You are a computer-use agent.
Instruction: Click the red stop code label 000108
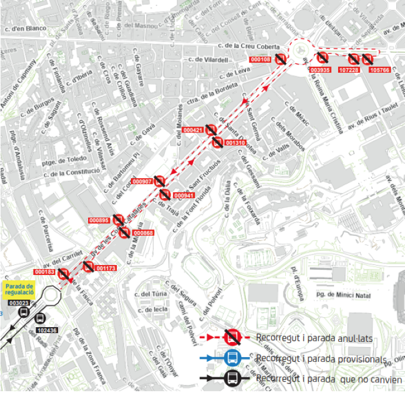(x=260, y=59)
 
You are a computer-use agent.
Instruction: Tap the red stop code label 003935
(x=320, y=70)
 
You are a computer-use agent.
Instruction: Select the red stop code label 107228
(x=350, y=70)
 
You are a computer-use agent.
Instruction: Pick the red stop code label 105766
(x=379, y=70)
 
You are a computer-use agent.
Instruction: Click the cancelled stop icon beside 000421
(x=211, y=130)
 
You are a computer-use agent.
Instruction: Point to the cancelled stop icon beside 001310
(x=217, y=142)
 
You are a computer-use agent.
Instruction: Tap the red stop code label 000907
(x=142, y=181)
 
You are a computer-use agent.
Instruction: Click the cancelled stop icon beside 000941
(x=165, y=195)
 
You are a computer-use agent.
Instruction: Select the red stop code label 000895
(x=99, y=220)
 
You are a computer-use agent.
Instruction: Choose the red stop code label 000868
(x=144, y=233)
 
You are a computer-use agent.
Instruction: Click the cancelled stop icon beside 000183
(x=64, y=273)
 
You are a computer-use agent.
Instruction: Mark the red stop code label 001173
(x=106, y=268)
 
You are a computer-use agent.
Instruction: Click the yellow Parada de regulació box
(x=20, y=288)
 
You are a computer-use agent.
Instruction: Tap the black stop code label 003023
(x=19, y=303)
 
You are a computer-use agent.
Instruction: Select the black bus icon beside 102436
(x=40, y=318)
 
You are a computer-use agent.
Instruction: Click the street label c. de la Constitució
(x=71, y=172)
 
